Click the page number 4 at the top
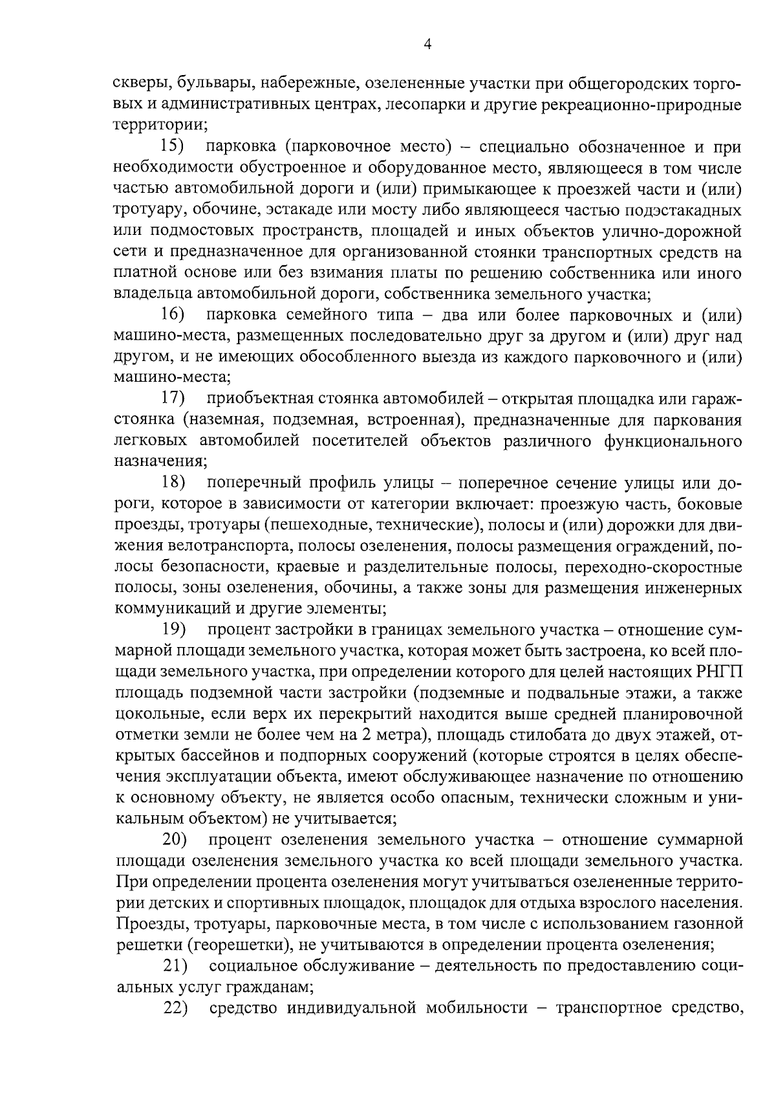[x=427, y=44]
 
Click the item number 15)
[x=173, y=148]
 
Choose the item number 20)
[x=174, y=840]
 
